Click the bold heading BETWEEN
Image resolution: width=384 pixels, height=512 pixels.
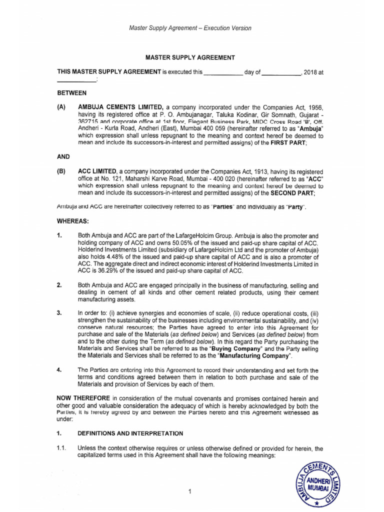click(x=72, y=93)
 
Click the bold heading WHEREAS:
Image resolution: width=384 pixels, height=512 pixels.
click(x=73, y=220)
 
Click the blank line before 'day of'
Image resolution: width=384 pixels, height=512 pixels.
click(x=223, y=72)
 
